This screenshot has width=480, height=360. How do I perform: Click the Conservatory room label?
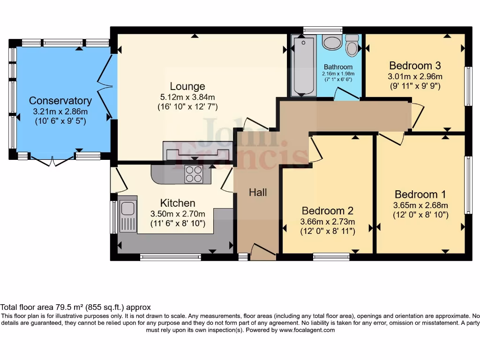pos(60,101)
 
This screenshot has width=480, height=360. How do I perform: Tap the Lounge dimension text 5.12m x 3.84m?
pos(187,97)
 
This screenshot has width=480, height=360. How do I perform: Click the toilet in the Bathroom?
pos(352,45)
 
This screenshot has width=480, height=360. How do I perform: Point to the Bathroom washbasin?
pos(333,43)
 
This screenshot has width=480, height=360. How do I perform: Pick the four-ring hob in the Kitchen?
pos(194,174)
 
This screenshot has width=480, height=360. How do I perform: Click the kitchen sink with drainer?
pos(127,216)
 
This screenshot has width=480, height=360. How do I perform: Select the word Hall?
pos(258,192)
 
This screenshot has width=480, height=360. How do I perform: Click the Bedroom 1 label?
pos(420,195)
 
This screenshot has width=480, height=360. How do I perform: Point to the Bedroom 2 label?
pos(327,211)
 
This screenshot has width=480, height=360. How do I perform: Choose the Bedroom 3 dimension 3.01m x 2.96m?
pos(415,76)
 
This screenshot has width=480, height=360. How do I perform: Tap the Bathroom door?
pos(347,94)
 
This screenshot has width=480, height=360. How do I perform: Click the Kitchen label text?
pos(178,203)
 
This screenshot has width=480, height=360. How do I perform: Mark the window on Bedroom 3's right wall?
pos(467,86)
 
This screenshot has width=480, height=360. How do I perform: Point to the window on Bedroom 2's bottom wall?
pos(331,256)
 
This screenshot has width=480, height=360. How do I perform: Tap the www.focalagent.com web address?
pos(307,330)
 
